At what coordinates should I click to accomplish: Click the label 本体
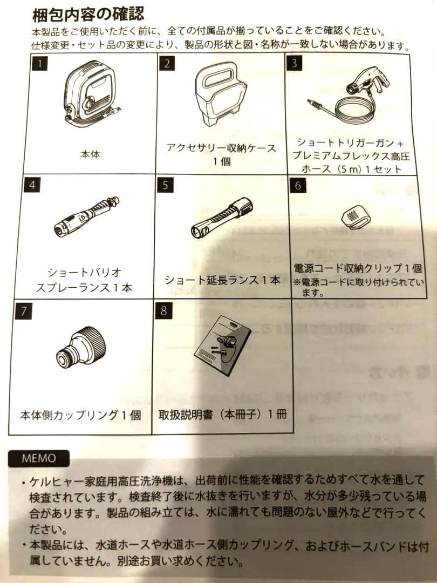[90, 154]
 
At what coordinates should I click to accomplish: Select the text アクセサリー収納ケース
[221, 148]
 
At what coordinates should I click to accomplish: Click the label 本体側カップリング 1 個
[81, 415]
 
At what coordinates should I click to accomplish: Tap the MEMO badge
[38, 458]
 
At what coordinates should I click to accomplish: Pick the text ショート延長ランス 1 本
[222, 280]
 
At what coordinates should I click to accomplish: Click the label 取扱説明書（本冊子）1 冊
[222, 415]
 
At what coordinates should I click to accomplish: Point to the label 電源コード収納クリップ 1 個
[358, 268]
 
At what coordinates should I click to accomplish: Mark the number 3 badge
[294, 63]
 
